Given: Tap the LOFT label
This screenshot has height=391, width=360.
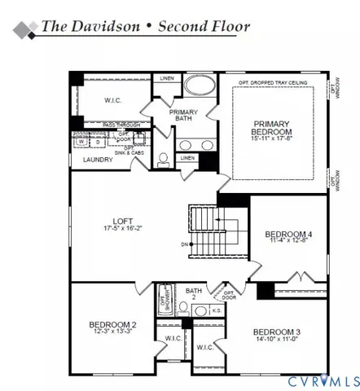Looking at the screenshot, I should coord(123,219).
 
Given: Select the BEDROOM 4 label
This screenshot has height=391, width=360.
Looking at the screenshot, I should coord(284,235).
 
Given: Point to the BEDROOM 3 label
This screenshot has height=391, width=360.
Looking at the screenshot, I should coord(276,332).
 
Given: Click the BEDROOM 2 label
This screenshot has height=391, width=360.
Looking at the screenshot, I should coord(112,325).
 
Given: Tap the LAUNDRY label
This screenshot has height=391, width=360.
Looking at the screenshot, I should coord(97,160).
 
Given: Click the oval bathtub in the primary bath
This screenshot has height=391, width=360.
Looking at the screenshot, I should coord(198,87).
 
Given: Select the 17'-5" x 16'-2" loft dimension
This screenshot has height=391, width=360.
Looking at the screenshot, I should coord(123,229).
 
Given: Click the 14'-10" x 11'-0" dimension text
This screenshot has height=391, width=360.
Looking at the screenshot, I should coord(276,340).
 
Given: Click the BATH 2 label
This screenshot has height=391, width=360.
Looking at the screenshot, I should coord(193,293).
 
